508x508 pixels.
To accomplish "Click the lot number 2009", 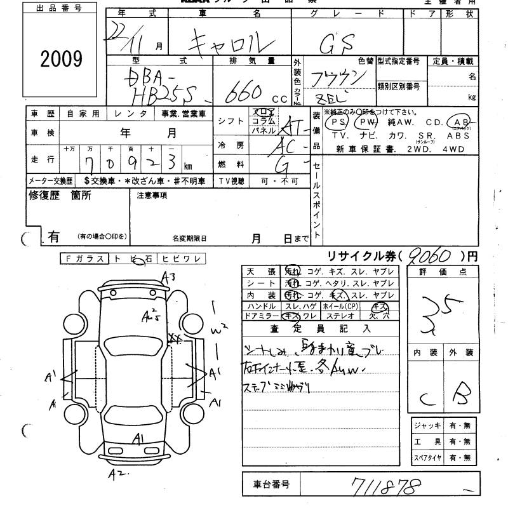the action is pyautogui.click(x=62, y=59).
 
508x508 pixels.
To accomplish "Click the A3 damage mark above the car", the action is pyautogui.click(x=168, y=276).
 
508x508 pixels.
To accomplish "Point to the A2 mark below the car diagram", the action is pyautogui.click(x=116, y=473).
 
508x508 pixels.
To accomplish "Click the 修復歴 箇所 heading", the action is pyautogui.click(x=60, y=196).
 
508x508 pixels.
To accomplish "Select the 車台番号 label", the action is pyautogui.click(x=268, y=485).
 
